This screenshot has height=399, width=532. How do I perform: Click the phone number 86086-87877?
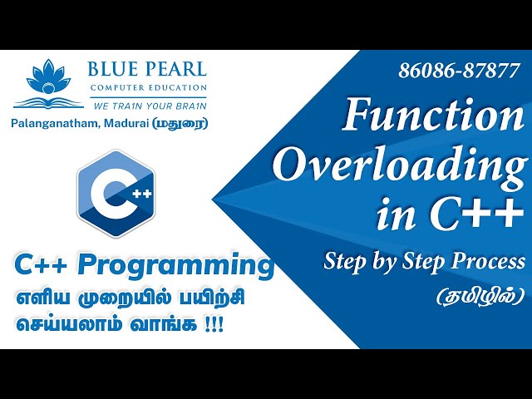coord(459,71)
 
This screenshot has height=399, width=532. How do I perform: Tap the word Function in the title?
coord(433,116)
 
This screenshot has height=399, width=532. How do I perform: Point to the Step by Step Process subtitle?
coord(424,263)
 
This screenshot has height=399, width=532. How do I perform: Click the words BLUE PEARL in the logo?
coord(146,70)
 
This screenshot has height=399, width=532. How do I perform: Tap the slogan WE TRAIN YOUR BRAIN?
coord(146,106)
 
